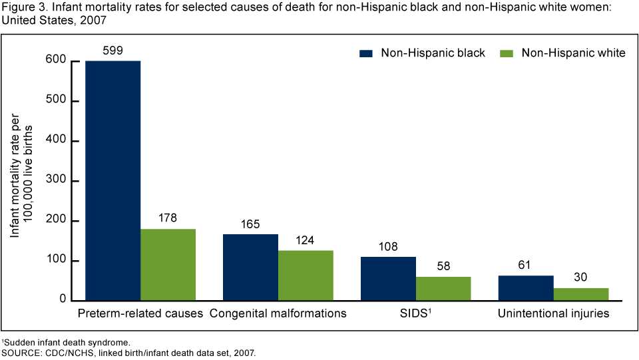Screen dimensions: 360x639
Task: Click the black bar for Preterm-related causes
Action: [112, 180]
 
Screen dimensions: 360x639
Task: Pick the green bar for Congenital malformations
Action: [306, 275]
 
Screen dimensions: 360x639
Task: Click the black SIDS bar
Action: [388, 279]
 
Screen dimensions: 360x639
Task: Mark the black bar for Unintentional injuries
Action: [526, 288]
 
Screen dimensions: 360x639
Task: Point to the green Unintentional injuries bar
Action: [581, 294]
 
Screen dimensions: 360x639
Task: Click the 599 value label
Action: [112, 50]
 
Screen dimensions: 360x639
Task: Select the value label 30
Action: [581, 277]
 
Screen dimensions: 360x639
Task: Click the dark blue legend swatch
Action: [365, 53]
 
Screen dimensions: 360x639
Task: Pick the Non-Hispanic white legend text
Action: [573, 53]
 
